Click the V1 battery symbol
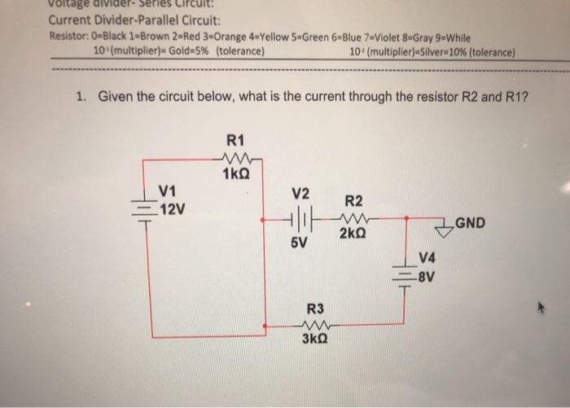(144, 210)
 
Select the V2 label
(300, 194)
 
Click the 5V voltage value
(300, 242)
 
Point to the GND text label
(472, 220)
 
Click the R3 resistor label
(315, 309)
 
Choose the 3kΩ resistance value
(315, 342)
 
